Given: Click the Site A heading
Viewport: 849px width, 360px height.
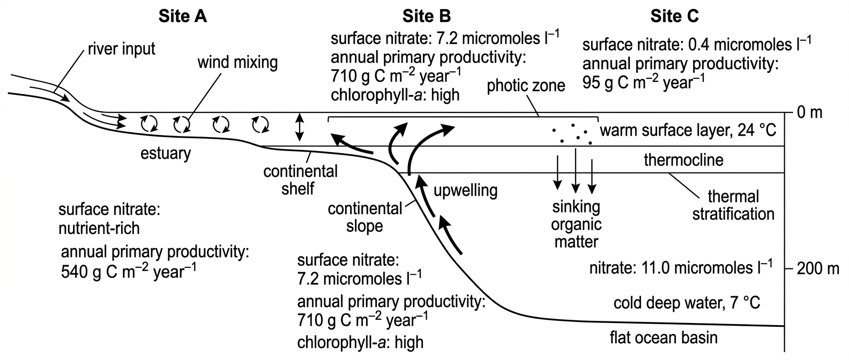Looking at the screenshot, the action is tap(183, 16).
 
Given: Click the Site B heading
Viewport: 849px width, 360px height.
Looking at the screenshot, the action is tap(427, 16).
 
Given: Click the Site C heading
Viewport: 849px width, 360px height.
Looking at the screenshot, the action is tap(675, 16).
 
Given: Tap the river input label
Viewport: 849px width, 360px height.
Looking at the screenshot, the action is tap(122, 49).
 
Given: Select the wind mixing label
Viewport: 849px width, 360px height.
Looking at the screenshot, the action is tap(237, 63).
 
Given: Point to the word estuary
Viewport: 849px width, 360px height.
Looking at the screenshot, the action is tap(166, 154).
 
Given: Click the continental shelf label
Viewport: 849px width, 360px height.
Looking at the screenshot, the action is tap(300, 180).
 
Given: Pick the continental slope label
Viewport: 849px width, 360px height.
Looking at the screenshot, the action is tap(364, 217).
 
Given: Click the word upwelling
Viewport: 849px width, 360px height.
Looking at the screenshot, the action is tap(465, 191).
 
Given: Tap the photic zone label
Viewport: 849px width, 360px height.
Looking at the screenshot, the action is tap(526, 86).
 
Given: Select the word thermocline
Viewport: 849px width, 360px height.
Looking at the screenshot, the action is tap(684, 160).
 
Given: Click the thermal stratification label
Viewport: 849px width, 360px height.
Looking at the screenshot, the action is tap(733, 205).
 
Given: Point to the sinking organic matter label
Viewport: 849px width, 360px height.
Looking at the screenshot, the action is tap(576, 224).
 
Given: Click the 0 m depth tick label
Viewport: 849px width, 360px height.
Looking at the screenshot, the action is tap(809, 112).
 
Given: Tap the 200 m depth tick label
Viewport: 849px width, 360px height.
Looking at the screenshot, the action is tap(818, 269).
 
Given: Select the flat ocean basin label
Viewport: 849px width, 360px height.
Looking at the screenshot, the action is tap(664, 337).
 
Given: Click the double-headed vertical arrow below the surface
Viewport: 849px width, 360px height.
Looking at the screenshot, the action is tap(300, 127).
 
